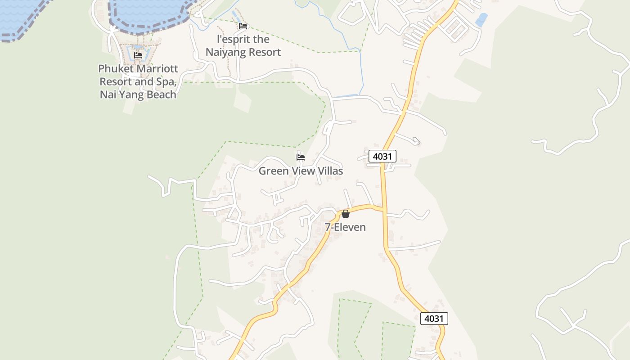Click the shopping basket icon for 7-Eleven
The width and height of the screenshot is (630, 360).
(346, 214)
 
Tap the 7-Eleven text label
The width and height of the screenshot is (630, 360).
(346, 227)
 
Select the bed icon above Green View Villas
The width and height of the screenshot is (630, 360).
(301, 157)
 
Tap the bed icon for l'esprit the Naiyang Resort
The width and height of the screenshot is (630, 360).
(243, 26)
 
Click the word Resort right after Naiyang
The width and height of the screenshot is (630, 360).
(264, 52)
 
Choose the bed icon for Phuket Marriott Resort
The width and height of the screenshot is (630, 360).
(138, 55)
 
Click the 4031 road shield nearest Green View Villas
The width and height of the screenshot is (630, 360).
(382, 156)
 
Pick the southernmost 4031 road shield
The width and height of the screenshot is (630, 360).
(434, 319)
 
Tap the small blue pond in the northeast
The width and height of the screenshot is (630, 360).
(481, 20)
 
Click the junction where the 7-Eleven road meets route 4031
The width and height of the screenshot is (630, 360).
(384, 209)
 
